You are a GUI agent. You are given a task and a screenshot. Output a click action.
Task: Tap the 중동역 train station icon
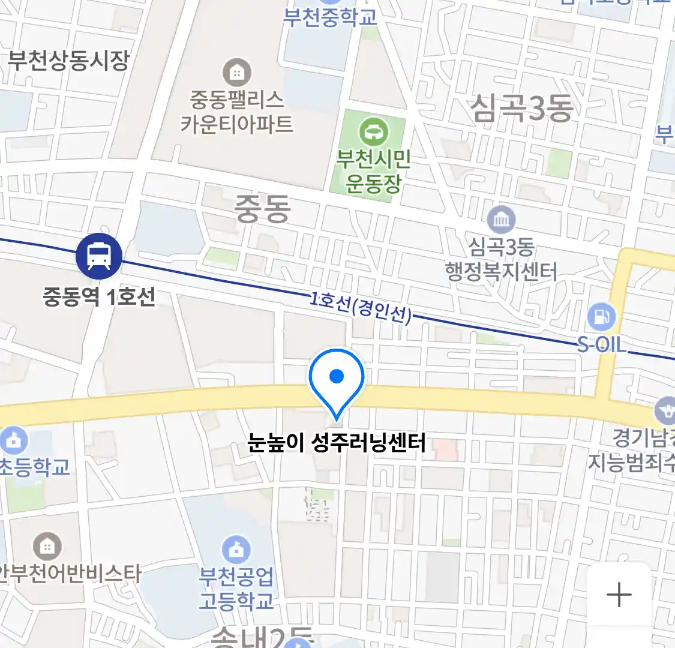(99, 256)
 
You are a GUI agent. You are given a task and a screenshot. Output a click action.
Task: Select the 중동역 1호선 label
(99, 296)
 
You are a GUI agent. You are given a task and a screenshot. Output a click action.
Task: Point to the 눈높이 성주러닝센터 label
(337, 443)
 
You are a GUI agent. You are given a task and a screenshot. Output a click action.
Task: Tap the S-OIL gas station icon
(601, 317)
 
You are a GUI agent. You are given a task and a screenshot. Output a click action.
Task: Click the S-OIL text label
(601, 344)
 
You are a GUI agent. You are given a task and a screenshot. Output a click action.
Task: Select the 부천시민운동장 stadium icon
(373, 131)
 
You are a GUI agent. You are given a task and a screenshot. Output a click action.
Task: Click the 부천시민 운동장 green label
(373, 171)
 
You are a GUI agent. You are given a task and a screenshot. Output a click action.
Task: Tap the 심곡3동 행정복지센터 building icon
(501, 220)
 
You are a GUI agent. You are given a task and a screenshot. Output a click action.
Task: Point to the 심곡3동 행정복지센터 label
(501, 260)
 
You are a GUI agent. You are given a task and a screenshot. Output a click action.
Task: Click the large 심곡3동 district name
(521, 109)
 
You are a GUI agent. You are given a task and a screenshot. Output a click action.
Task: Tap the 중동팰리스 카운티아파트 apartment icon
(237, 73)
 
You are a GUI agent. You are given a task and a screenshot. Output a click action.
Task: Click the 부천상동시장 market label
(68, 60)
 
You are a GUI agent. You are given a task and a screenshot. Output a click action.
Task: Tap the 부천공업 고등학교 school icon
(236, 550)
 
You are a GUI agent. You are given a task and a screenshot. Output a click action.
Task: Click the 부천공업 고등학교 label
(236, 588)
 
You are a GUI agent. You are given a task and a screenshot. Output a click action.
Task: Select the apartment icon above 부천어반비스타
(47, 546)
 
